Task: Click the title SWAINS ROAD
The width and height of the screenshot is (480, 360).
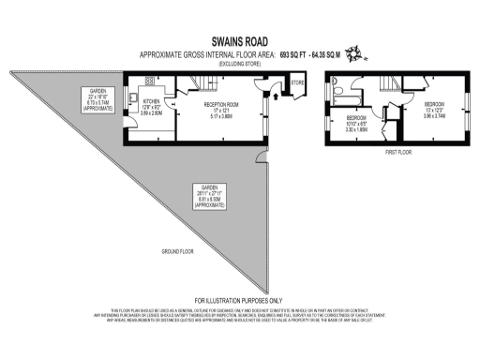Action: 240,42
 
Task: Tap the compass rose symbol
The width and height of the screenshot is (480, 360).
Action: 354,57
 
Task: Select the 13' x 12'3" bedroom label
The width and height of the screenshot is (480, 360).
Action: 433,111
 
